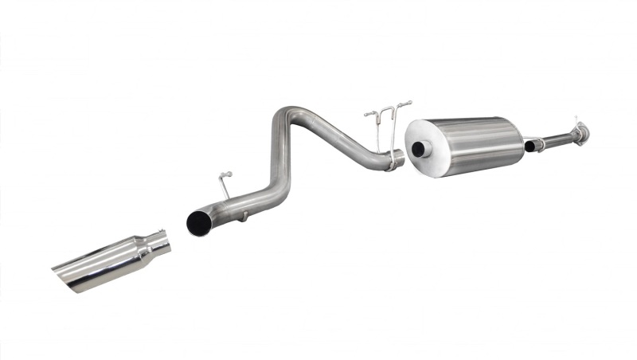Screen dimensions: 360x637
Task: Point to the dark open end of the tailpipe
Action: click(x=197, y=223)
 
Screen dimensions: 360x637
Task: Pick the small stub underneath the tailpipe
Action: click(x=244, y=214)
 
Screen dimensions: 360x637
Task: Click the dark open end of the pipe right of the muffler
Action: click(x=530, y=146)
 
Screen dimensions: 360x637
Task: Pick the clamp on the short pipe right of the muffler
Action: click(x=540, y=143)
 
